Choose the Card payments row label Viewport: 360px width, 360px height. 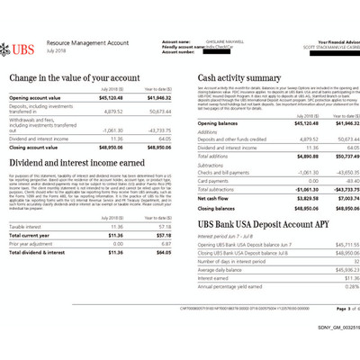coord(213,180)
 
